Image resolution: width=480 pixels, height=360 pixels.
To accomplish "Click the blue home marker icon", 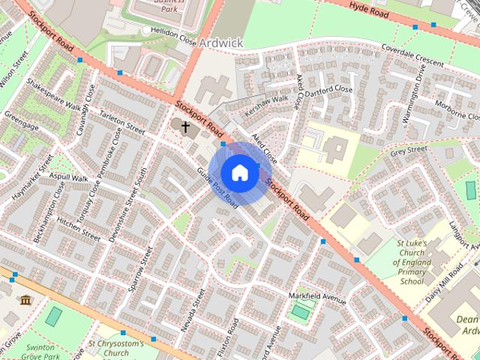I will coord(239,172).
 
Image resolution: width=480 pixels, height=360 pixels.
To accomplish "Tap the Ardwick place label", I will coord(221,43).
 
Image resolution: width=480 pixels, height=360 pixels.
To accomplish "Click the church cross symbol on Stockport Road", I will coord(185,126).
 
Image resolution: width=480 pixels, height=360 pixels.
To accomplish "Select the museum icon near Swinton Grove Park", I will coord(25,301).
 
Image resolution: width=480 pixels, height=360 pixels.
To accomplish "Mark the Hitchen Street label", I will coord(78,228).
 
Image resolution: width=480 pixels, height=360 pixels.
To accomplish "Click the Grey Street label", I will coord(409,151).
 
